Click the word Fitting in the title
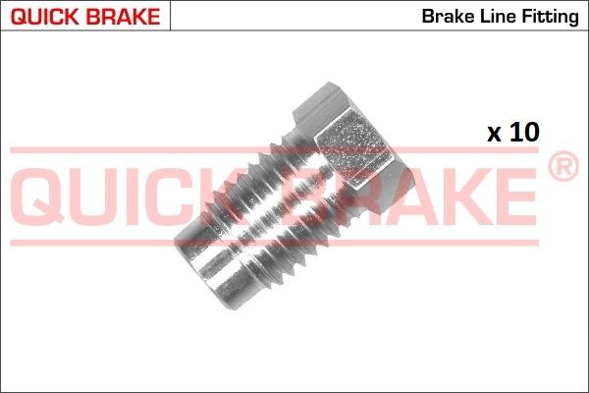click(548, 17)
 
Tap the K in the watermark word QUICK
click(257, 194)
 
